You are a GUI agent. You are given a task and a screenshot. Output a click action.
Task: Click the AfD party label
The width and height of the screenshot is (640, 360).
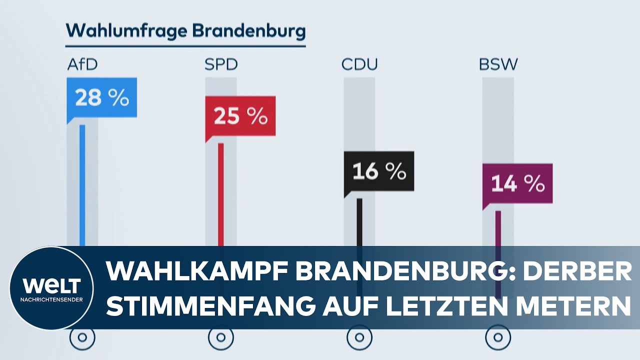pyautogui.click(x=82, y=65)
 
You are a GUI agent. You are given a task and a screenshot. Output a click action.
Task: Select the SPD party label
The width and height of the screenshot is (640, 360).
pyautogui.click(x=220, y=65)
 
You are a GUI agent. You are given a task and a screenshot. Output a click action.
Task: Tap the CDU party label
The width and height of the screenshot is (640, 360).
pyautogui.click(x=359, y=65)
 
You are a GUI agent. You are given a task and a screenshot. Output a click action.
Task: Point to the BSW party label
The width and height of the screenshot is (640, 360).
pyautogui.click(x=498, y=65)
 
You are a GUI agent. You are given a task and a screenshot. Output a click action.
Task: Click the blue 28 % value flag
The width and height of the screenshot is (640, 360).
pyautogui.click(x=102, y=98)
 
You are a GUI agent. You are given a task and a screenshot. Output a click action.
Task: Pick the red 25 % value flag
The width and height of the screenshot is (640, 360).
pyautogui.click(x=240, y=116)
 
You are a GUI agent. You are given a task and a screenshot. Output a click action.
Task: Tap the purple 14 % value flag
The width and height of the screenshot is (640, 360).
pyautogui.click(x=517, y=184)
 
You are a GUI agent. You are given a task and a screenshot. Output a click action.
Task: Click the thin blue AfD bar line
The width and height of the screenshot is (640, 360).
pyautogui.click(x=82, y=185)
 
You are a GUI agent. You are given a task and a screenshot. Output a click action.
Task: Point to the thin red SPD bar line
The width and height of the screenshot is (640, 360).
pyautogui.click(x=220, y=195)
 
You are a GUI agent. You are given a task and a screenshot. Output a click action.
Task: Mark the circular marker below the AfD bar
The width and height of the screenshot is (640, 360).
pyautogui.click(x=82, y=338)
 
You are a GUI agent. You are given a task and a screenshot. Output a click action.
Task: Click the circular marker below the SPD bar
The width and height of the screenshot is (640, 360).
pyautogui.click(x=220, y=338)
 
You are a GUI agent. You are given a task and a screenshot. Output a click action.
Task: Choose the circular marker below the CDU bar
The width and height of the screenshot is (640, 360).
pyautogui.click(x=359, y=338)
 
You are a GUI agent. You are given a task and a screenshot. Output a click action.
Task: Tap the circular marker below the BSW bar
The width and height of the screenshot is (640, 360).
pyautogui.click(x=498, y=338)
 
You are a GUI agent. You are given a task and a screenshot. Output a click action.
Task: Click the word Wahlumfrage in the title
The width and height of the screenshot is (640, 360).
pyautogui.click(x=126, y=31)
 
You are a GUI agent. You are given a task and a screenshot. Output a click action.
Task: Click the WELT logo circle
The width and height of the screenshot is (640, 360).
pyautogui.click(x=51, y=288)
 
